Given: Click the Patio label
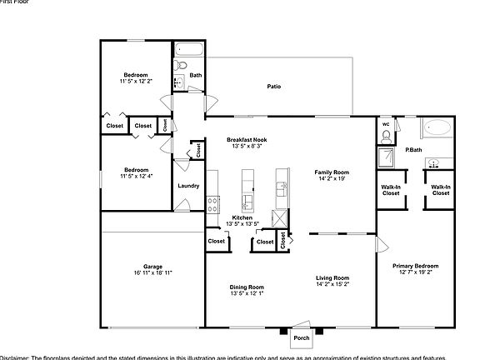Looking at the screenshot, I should tap(272, 87).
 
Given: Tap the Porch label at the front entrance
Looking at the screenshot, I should tap(300, 338).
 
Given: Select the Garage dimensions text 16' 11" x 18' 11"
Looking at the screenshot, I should tap(152, 272).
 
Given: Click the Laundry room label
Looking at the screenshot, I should tap(188, 185).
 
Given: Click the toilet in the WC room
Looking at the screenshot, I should tap(386, 137).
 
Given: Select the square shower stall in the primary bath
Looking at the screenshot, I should tap(387, 157).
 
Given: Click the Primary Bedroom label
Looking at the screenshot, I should tap(415, 266).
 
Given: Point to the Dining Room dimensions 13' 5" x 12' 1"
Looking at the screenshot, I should tap(247, 293).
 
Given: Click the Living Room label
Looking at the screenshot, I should tap(332, 277).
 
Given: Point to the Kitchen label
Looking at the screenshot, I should tap(242, 217).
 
